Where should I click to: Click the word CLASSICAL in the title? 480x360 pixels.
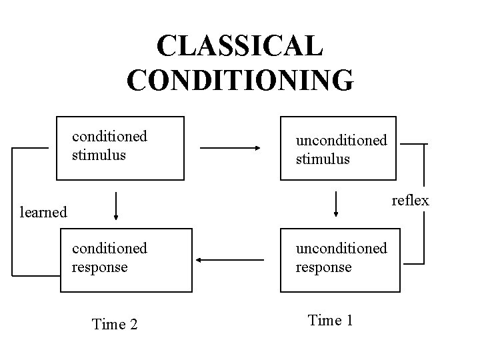tap(240, 45)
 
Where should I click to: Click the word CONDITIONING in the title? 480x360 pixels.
tap(240, 79)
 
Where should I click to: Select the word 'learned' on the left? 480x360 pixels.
tap(43, 213)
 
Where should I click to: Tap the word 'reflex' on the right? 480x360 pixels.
tap(410, 200)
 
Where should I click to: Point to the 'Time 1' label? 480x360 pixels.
tap(330, 320)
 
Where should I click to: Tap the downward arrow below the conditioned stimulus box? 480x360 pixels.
tap(117, 205)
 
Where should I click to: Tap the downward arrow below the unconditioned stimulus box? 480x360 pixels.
tap(335, 203)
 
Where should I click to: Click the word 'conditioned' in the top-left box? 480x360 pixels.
tap(109, 137)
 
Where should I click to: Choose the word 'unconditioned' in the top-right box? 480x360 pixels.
tap(341, 141)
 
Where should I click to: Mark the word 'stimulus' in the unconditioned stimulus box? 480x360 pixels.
tap(323, 159)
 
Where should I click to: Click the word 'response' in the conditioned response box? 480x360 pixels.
tap(100, 267)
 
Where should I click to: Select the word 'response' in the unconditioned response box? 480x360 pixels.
tap(324, 267)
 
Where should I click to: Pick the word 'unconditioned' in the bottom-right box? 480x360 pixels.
tap(341, 248)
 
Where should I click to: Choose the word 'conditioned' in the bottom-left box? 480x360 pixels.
tap(109, 248)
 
